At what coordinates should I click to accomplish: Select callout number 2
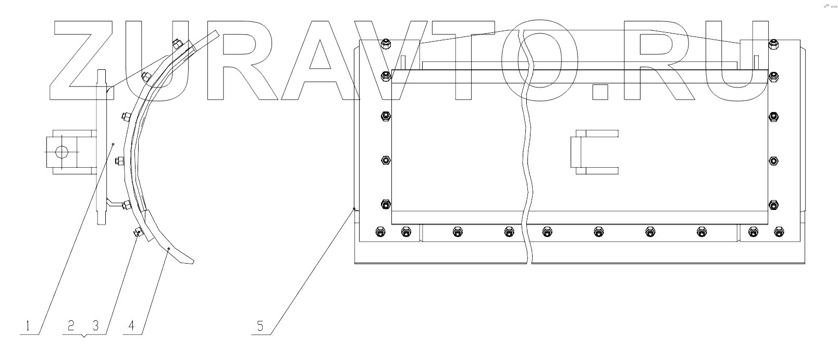tap(72, 326)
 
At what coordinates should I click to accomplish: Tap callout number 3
tap(95, 326)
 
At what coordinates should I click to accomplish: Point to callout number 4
tap(132, 326)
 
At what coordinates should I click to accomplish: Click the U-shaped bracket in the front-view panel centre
tap(594, 152)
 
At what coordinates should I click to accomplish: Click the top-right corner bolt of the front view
tap(773, 44)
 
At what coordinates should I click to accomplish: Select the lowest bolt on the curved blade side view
tap(138, 233)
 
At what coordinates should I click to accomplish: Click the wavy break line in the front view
tap(527, 156)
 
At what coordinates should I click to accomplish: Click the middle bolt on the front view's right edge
tap(773, 160)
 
